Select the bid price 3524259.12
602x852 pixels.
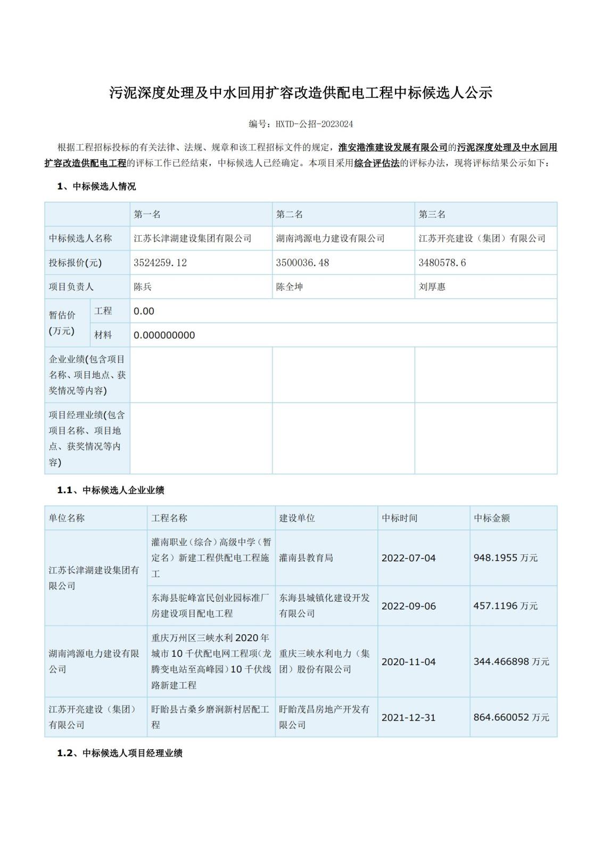pyautogui.click(x=160, y=263)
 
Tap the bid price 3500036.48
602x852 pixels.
pyautogui.click(x=302, y=263)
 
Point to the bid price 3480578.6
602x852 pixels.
pyautogui.click(x=442, y=263)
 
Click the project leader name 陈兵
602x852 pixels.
pyautogui.click(x=143, y=286)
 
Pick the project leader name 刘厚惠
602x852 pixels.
pyautogui.click(x=432, y=286)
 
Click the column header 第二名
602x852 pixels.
pyautogui.click(x=289, y=214)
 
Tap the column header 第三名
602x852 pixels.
pyautogui.click(x=432, y=214)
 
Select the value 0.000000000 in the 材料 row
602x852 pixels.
pyautogui.click(x=164, y=335)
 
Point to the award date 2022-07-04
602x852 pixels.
pyautogui.click(x=408, y=558)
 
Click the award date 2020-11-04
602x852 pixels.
pyautogui.click(x=408, y=661)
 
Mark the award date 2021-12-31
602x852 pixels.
pyautogui.click(x=408, y=717)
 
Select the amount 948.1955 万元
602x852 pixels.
pyautogui.click(x=505, y=558)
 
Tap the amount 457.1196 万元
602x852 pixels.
pyautogui.click(x=505, y=606)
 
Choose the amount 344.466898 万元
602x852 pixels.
pyautogui.click(x=511, y=661)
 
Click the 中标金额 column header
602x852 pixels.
pyautogui.click(x=491, y=518)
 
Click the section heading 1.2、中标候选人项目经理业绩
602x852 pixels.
pyautogui.click(x=120, y=753)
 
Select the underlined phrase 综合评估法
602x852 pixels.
pyautogui.click(x=376, y=163)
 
